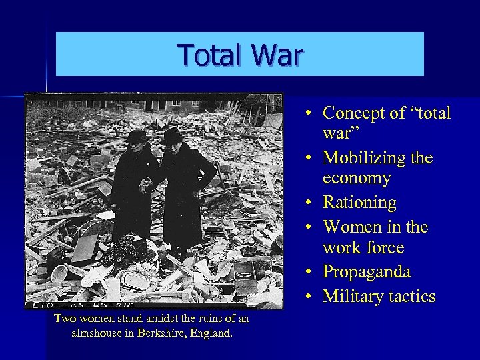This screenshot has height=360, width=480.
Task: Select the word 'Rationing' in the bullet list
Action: click(359, 202)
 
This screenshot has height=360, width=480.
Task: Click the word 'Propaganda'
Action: click(367, 272)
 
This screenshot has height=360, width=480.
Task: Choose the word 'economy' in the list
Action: click(357, 179)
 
